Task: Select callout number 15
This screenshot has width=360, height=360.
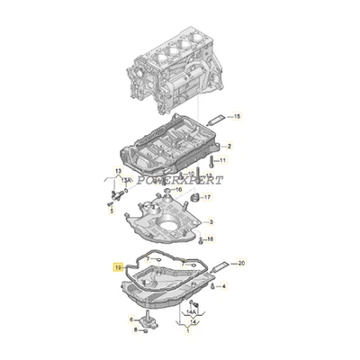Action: [238, 117]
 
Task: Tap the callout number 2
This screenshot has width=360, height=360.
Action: [229, 146]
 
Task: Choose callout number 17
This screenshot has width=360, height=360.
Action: [206, 197]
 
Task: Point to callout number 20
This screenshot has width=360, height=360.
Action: [240, 262]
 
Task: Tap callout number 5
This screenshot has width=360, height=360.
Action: [110, 212]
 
